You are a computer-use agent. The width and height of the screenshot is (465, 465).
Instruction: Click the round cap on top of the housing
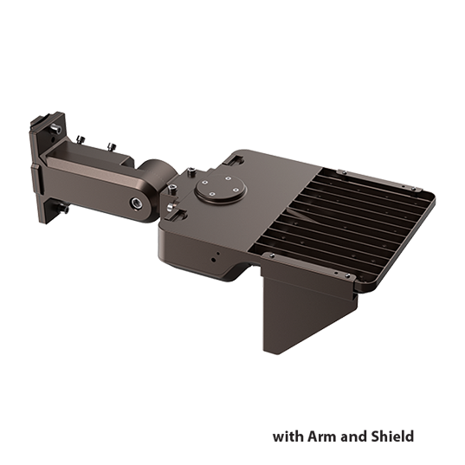216,187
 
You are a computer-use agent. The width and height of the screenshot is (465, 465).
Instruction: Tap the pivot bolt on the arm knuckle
136,203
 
